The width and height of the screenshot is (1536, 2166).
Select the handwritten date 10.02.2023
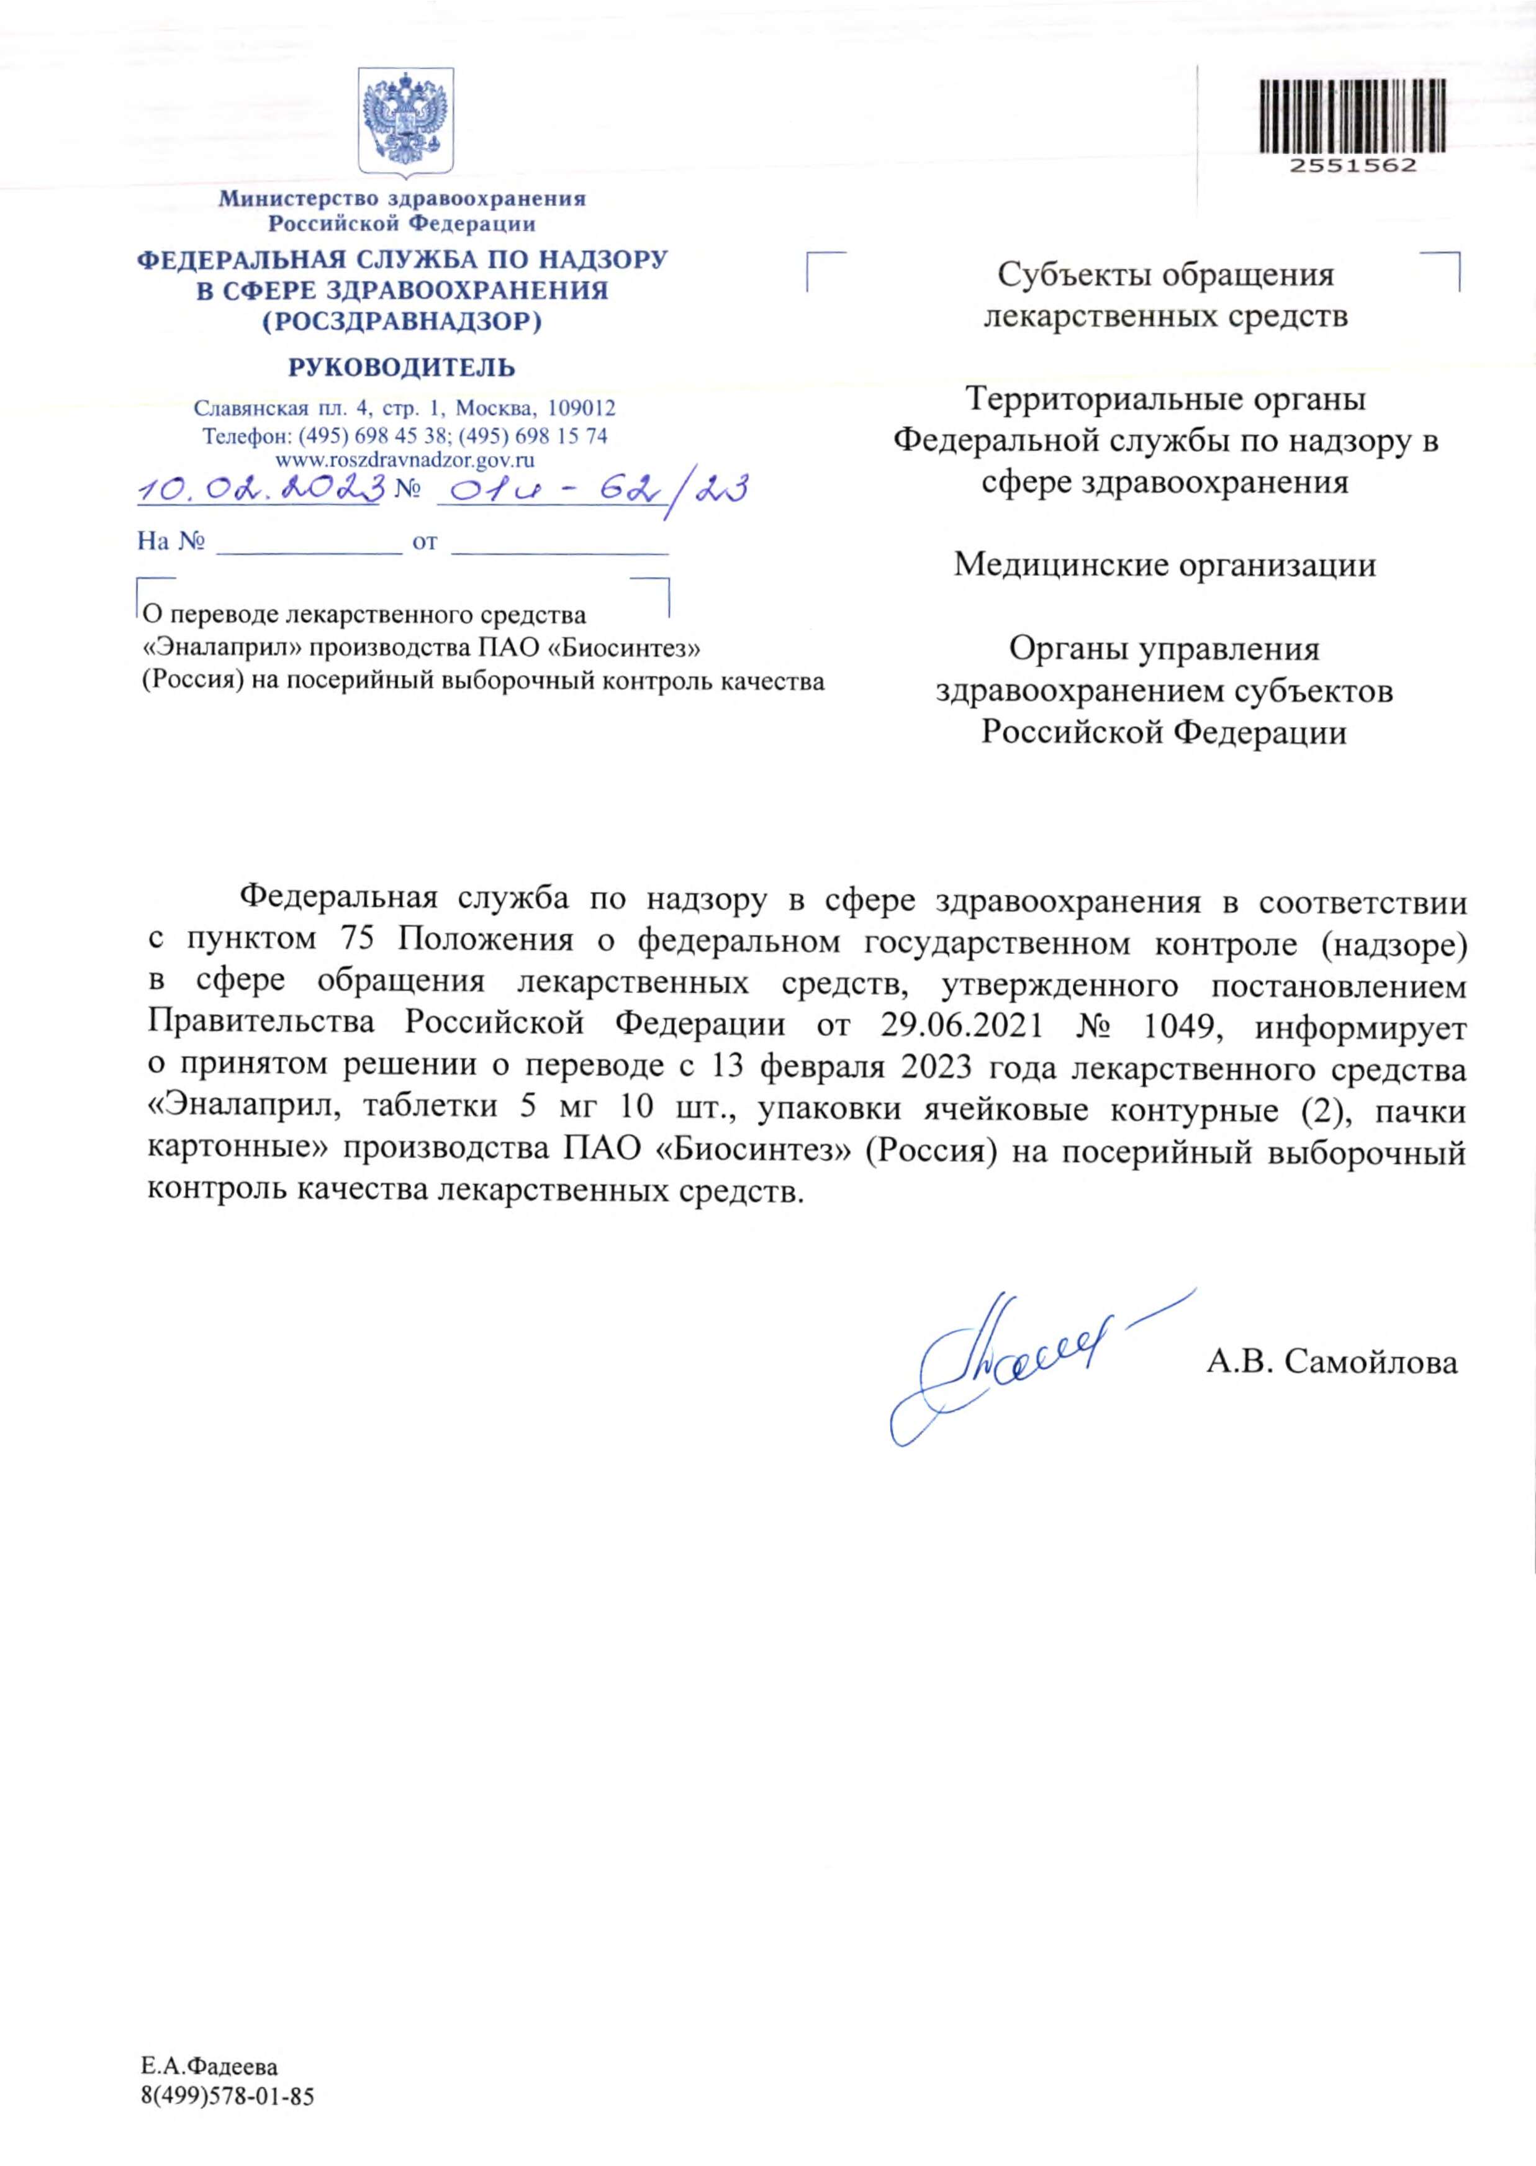pyautogui.click(x=261, y=488)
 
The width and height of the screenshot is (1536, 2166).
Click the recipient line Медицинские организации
pyautogui.click(x=1164, y=564)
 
